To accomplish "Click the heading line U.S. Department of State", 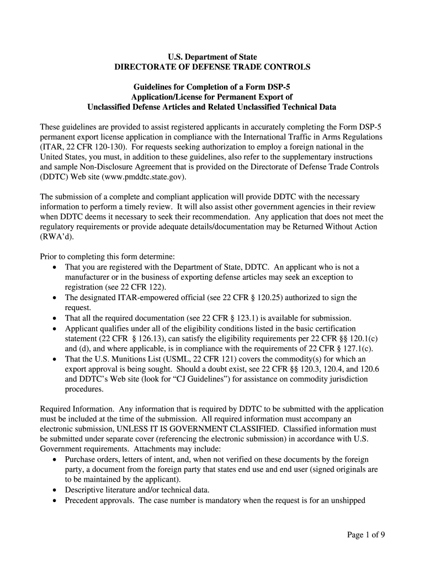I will tap(212, 57).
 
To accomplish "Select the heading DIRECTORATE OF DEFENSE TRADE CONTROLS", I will tap(212, 67).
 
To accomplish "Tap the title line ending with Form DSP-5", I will tap(212, 88).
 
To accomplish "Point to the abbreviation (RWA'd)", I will tap(56, 237).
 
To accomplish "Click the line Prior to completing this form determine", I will tap(108, 257).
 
